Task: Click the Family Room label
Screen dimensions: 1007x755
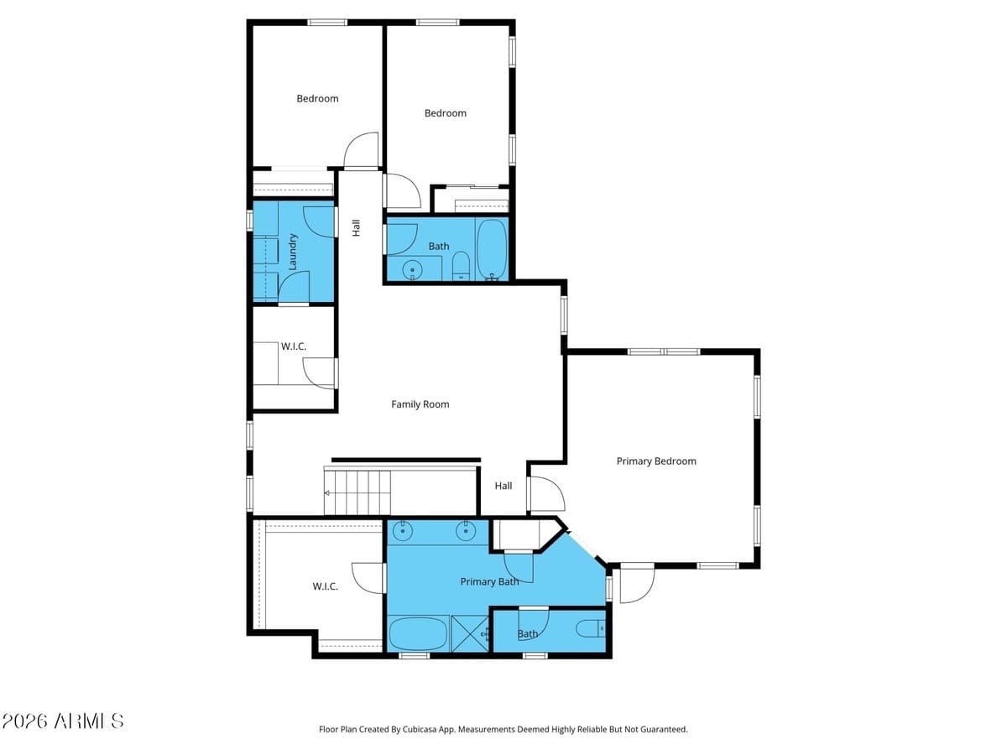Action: tap(420, 404)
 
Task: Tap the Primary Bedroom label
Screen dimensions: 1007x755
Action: tap(656, 461)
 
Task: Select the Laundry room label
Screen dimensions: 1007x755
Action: tap(292, 252)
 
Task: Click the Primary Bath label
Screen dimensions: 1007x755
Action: tap(489, 581)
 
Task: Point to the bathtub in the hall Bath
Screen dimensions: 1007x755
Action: tap(492, 249)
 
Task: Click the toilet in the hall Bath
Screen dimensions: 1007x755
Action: tap(461, 266)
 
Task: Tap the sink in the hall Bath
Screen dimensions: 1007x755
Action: tap(412, 269)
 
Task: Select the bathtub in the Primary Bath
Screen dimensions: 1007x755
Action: tap(418, 634)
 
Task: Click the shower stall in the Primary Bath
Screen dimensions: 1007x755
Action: tap(470, 633)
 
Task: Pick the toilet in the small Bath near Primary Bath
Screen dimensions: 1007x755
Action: tap(591, 629)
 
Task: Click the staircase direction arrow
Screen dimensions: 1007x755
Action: tap(327, 492)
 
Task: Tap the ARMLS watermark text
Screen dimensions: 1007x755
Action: tap(62, 721)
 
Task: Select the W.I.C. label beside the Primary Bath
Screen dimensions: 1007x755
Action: tap(326, 586)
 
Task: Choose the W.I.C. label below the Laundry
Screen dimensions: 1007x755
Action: tap(294, 346)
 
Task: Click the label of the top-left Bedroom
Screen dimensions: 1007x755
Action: tap(317, 98)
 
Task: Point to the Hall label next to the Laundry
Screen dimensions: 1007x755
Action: tap(356, 228)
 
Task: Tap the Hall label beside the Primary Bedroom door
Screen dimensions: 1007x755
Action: tap(503, 486)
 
